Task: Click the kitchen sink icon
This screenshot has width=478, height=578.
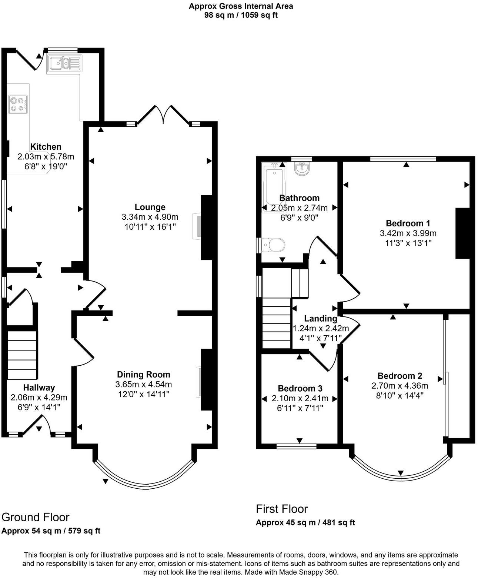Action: pos(64,63)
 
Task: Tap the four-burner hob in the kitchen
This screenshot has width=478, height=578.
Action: pos(18,104)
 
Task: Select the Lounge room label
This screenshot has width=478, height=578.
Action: pos(150,207)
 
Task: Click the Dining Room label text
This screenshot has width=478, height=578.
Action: pos(144,375)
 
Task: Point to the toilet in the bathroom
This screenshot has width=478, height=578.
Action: pos(274,245)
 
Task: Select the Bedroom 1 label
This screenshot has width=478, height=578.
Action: pos(408,223)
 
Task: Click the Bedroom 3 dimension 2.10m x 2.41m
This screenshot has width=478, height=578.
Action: pos(300,398)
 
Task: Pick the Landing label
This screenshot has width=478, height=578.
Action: pos(321,318)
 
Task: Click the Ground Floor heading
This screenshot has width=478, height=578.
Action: pos(36,517)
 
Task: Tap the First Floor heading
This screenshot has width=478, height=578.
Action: pos(282,509)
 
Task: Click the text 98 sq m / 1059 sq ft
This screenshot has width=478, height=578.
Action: pos(241,15)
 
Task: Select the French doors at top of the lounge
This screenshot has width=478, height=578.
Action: pos(163,115)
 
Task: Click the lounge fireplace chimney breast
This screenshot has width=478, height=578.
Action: pos(206,227)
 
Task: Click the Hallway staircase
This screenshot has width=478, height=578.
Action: pos(22,355)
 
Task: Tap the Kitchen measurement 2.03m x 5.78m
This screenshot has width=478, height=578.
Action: pos(46,157)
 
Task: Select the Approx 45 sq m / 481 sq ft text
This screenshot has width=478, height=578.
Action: pos(305,522)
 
